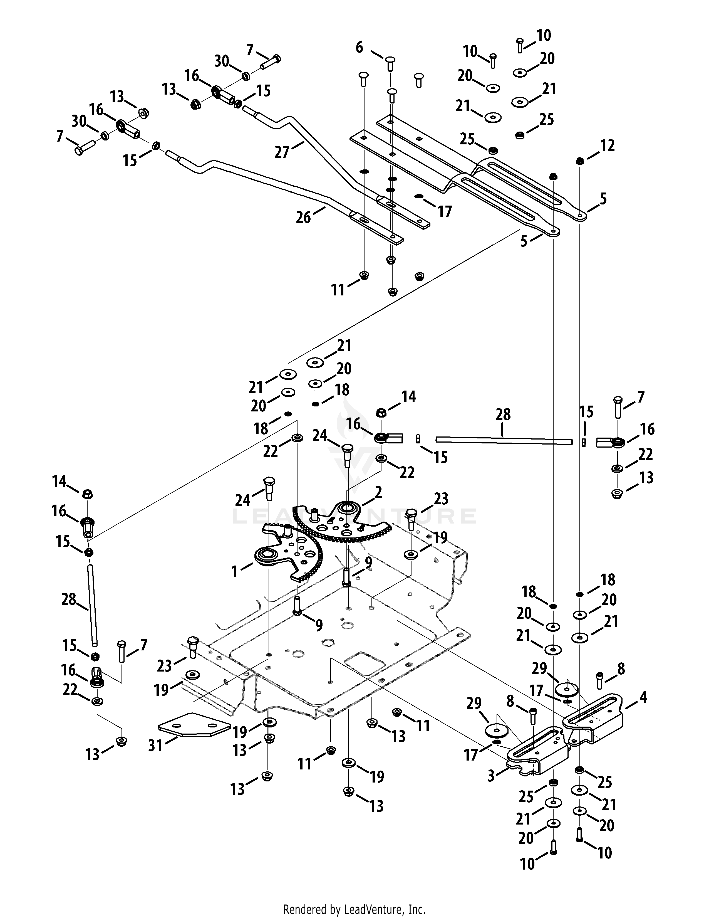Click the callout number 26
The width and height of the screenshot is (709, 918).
(x=303, y=217)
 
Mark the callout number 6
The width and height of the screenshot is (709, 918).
(x=359, y=48)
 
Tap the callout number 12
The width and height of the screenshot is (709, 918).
(x=607, y=145)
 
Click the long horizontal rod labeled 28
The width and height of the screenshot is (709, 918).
(x=504, y=440)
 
